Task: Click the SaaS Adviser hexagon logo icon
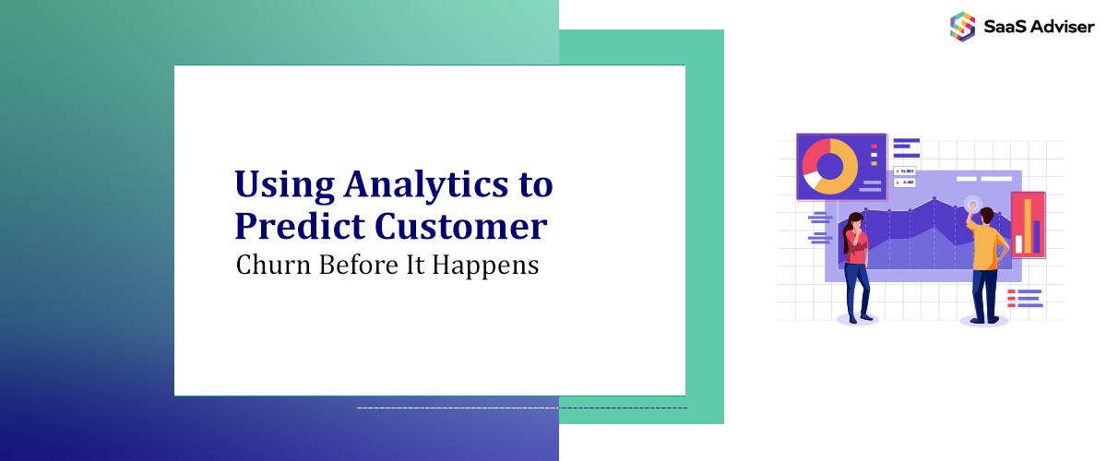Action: pos(962,25)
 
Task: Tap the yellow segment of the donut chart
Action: pos(840,180)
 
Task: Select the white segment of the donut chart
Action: pos(812,182)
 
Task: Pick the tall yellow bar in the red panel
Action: pos(1028,225)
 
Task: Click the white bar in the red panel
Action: pos(1019,243)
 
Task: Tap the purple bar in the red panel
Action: pos(1037,236)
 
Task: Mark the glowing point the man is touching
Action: pos(971,202)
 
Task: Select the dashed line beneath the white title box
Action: pos(521,407)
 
